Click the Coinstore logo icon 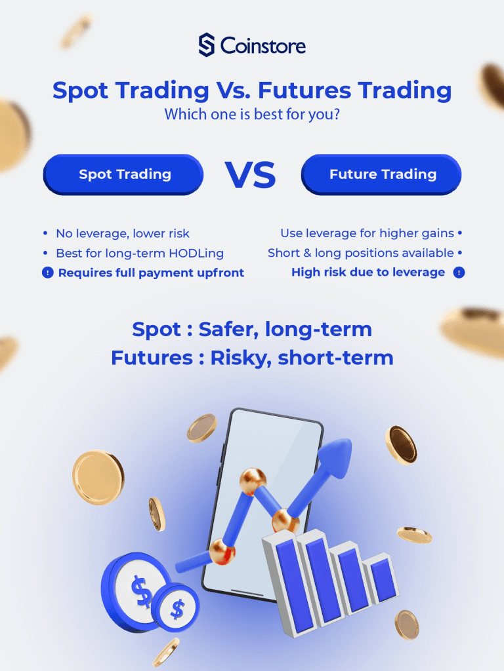(207, 45)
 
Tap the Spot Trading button (125, 174)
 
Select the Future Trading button (383, 174)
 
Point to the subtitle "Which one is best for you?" (251, 115)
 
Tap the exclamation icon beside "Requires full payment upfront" (47, 273)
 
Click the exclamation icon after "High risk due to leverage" (459, 273)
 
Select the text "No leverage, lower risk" (123, 233)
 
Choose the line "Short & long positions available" (360, 253)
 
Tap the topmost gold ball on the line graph (253, 478)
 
